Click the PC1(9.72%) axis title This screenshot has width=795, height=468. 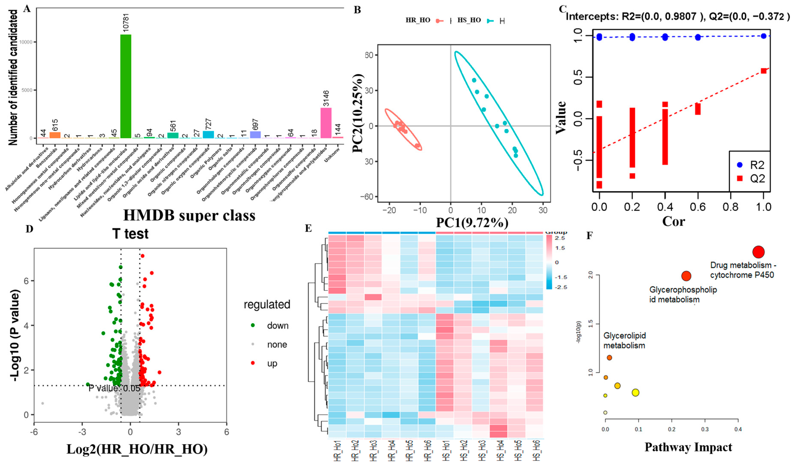pos(472,223)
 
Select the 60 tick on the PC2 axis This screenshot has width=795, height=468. pos(369,55)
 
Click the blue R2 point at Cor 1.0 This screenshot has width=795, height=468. pos(764,36)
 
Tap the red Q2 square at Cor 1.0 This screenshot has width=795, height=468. pos(764,71)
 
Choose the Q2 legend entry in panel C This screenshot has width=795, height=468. pos(751,179)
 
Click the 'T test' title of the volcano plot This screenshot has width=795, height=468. pos(130,234)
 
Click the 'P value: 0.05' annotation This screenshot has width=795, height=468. pos(114,388)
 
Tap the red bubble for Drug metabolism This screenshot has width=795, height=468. pos(758,252)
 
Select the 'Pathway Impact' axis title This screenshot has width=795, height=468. pos(688,447)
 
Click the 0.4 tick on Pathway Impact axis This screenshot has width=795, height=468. pos(738,429)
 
